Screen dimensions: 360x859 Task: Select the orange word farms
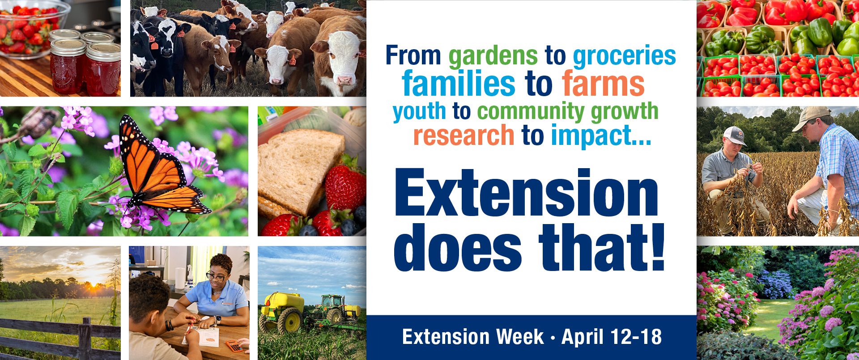pos(603,84)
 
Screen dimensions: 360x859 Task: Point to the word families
pos(459,84)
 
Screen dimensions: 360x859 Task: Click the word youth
pos(419,112)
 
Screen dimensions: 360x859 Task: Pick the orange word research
pos(464,136)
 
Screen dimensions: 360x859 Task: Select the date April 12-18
pos(612,337)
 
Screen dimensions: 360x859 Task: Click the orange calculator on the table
pos(234,346)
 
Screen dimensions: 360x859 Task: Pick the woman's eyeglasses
pos(216,276)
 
